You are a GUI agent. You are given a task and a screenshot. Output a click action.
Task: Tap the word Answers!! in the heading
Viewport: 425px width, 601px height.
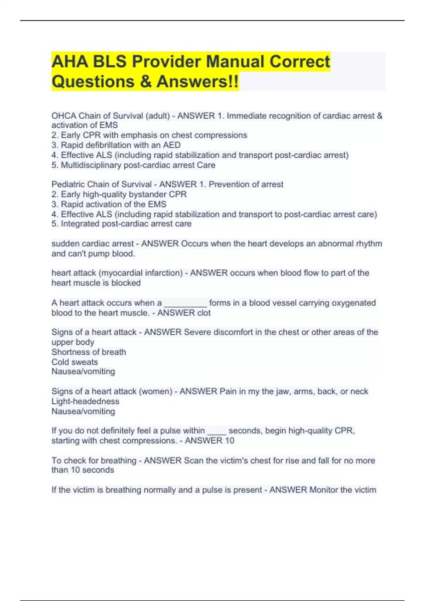(197, 82)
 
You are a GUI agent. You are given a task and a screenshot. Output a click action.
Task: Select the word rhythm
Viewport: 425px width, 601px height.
(369, 244)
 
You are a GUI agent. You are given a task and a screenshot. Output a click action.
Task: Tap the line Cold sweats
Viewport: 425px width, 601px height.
(74, 362)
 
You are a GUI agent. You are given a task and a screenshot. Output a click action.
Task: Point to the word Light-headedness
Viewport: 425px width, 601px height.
(85, 401)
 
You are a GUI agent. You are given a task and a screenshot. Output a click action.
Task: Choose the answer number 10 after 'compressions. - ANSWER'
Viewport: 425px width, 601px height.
(229, 440)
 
